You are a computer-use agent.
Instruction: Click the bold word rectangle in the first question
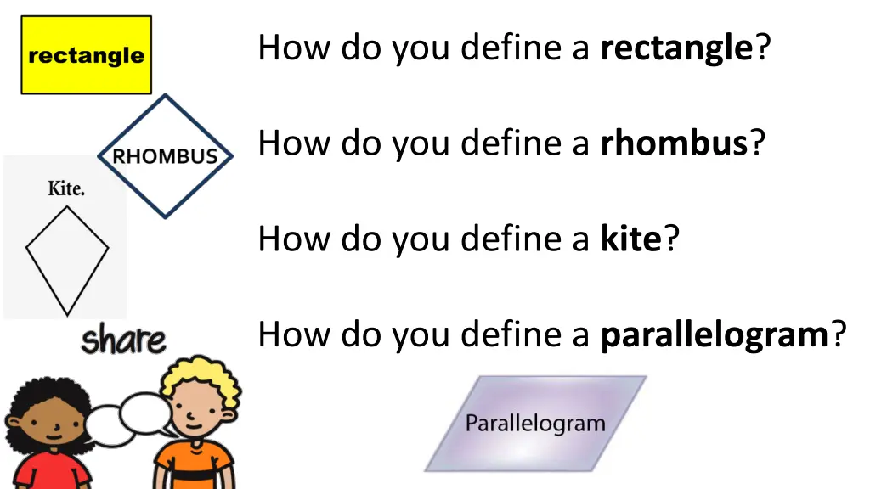pos(675,48)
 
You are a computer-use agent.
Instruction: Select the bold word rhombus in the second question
pos(673,143)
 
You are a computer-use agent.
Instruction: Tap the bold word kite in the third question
pos(630,239)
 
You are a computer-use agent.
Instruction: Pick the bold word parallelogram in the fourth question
pos(714,335)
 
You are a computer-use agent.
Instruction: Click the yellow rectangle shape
pos(86,55)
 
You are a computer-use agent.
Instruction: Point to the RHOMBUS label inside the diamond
pos(165,157)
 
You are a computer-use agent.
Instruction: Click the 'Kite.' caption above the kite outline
pos(65,188)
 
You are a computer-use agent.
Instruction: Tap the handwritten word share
pos(123,340)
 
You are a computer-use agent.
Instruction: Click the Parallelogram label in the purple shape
pos(535,423)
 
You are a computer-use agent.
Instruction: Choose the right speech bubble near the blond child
pos(145,412)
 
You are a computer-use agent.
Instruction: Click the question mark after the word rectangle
pos(762,48)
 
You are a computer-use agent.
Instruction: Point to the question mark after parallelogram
pos(839,335)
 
